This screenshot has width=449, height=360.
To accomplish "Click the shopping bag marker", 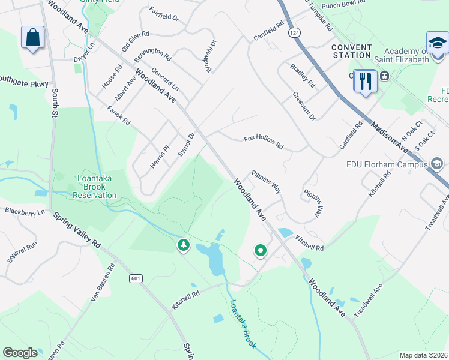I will pos(32,38).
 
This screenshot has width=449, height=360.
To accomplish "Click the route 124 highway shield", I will pos(294,31).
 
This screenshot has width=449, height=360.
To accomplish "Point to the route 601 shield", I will pos(135,278).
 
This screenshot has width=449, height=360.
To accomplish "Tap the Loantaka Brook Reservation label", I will pos(96,187).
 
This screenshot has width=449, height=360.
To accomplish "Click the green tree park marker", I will pos(183,245).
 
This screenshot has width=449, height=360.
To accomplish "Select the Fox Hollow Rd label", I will pos(264,142).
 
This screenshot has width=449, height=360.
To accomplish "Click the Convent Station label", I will pos(351,51).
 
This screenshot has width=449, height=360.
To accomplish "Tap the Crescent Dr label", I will pos(304,104).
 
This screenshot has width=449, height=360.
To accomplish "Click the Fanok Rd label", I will pos(119,113).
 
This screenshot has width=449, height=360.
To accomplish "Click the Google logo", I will pos(20,353).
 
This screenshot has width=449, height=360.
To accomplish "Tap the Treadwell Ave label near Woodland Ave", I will pos(369,301).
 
